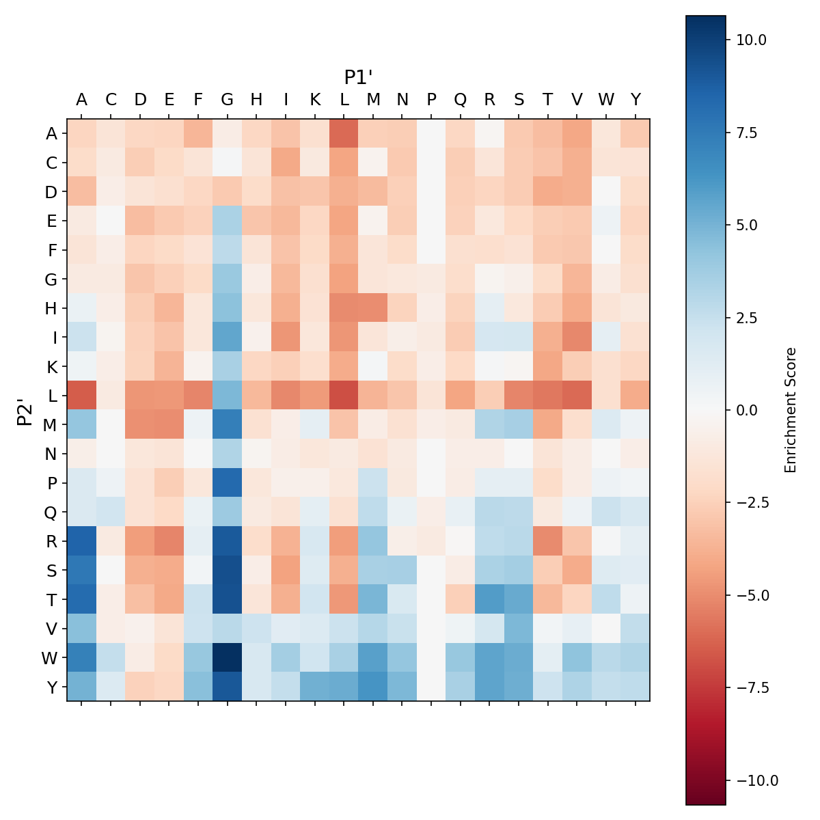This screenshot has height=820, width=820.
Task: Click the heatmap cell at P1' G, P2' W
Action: coord(228,657)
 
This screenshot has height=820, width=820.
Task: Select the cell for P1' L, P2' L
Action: coord(344,395)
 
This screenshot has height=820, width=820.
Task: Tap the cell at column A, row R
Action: coord(81,541)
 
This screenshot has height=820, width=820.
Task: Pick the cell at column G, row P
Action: coord(228,482)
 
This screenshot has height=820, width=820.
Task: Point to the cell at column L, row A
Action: coord(344,133)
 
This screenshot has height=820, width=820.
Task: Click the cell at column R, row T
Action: coord(489,599)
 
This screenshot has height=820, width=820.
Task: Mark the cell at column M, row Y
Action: coord(373,686)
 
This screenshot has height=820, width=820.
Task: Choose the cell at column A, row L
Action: coord(81,395)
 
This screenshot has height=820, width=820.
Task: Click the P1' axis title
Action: coord(358,77)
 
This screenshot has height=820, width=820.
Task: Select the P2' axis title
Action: coord(25,410)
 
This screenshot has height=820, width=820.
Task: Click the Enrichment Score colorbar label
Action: coord(791,410)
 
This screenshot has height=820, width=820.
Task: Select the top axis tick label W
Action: coord(606,100)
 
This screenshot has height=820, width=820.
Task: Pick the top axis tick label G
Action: coord(228,100)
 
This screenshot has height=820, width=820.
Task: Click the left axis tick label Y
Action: coord(51,686)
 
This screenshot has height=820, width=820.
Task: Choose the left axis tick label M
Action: coord(51,424)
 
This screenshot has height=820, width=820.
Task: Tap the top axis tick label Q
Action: coord(460,100)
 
